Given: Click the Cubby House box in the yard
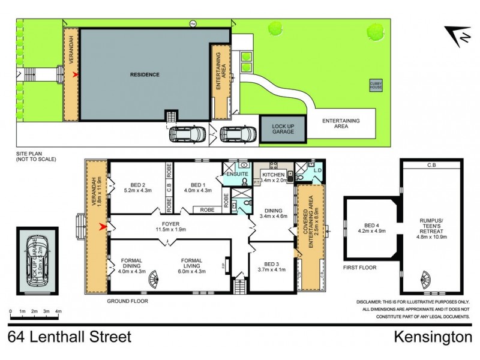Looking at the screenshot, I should pyautogui.click(x=376, y=86).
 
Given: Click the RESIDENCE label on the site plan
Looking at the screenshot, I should pyautogui.click(x=145, y=75).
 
